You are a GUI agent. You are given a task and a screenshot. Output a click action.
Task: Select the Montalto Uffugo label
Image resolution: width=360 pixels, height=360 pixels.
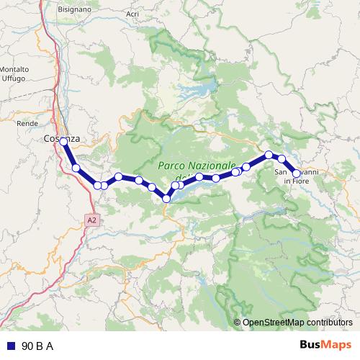tap(14, 73)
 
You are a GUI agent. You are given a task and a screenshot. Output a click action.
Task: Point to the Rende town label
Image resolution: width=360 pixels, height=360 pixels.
tap(27, 123)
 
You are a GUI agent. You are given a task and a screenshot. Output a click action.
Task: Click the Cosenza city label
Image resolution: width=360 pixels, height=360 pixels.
tap(61, 138)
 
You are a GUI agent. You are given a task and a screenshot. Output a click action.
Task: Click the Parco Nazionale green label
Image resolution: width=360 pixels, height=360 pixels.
tap(197, 167)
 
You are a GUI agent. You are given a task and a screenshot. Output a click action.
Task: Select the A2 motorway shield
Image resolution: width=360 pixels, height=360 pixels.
tap(91, 220)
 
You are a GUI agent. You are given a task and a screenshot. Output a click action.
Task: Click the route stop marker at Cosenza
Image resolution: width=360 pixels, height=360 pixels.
tap(64, 142)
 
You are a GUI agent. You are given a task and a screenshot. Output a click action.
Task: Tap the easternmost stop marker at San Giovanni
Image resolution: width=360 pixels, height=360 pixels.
tap(296, 174)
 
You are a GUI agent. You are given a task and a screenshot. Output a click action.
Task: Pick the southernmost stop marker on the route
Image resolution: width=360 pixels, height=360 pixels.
tap(166, 199)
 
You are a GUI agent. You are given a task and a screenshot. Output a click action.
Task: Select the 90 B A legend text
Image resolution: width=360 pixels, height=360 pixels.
tap(37, 346)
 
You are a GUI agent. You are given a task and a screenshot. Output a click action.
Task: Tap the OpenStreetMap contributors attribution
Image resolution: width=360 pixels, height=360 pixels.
tap(297, 323)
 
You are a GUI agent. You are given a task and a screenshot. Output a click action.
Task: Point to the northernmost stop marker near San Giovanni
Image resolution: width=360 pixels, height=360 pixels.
tap(269, 154)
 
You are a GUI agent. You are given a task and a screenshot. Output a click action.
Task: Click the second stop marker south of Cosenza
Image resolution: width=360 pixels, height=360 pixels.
tap(97, 186)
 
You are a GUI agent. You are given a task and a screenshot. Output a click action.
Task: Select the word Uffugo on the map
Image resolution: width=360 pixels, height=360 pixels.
tap(14, 77)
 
